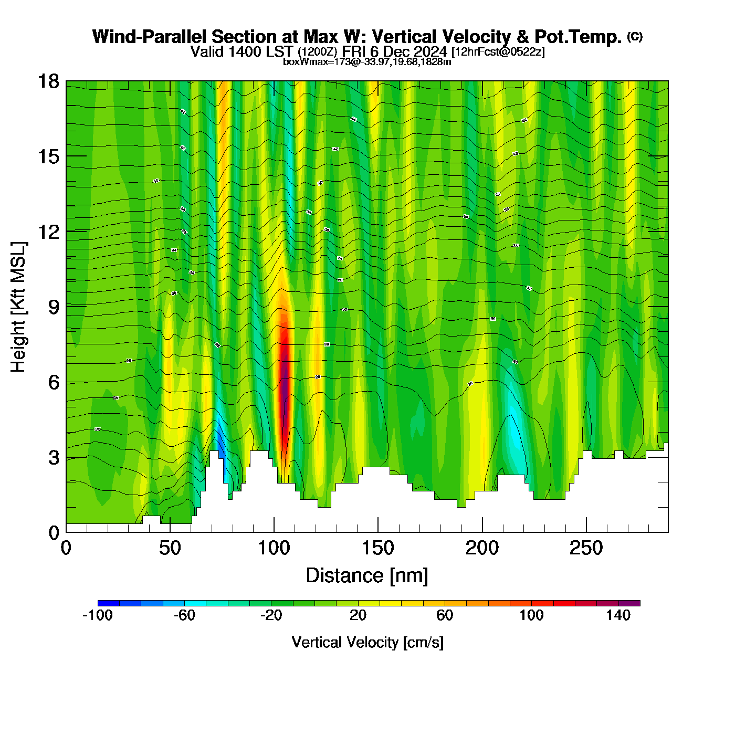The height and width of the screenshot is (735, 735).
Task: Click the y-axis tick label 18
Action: click(48, 81)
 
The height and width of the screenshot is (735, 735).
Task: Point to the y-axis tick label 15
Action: click(48, 156)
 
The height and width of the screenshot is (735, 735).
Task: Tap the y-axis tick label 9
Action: click(54, 307)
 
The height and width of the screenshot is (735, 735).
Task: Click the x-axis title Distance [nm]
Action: click(367, 575)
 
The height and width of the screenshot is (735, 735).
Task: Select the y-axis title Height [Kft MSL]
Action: click(18, 307)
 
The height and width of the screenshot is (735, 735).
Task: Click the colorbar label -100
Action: click(98, 615)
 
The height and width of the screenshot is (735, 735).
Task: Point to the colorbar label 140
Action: click(618, 615)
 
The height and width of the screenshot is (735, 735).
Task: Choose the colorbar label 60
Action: click(445, 615)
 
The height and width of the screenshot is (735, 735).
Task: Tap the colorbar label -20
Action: click(271, 615)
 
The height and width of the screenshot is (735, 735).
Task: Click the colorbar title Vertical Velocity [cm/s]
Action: click(367, 642)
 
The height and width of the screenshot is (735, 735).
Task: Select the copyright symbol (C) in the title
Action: click(635, 36)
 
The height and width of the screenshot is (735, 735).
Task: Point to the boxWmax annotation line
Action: click(367, 61)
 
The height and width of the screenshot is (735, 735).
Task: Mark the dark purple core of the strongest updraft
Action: click(285, 378)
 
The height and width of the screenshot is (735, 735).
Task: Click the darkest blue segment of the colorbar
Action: click(108, 603)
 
